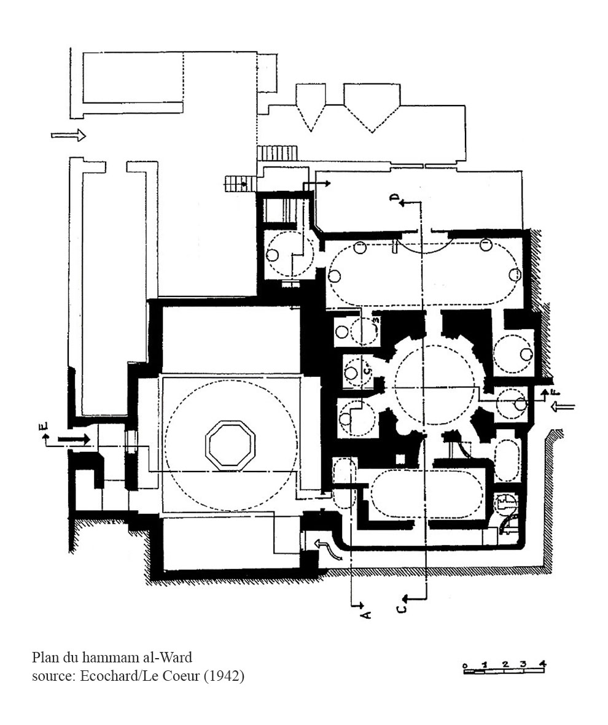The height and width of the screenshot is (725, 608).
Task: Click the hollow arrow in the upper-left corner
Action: pos(69,136)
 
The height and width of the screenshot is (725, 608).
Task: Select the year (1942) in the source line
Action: pos(224,676)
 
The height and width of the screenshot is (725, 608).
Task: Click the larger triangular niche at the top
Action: pos(372,108)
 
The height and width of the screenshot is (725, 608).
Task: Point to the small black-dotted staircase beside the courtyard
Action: pos(241,184)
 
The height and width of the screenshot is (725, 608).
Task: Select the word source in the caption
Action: pos(50,677)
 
